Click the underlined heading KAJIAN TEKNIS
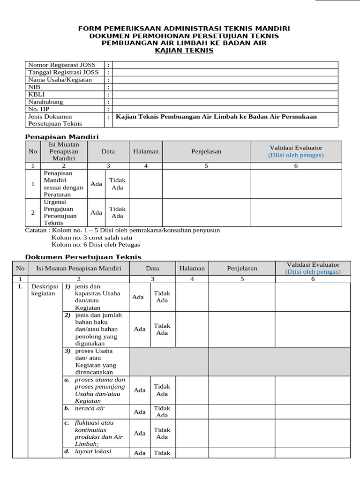coord(184,51)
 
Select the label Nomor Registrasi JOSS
coord(62,65)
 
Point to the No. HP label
coord(39,109)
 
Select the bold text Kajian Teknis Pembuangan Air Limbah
coord(216,117)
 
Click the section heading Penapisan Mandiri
coord(61,136)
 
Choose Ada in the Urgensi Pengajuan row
coord(96,212)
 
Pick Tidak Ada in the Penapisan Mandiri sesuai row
coord(117,184)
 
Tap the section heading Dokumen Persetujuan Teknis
coord(82,257)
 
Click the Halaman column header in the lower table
coord(192,269)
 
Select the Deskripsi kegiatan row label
coord(43,290)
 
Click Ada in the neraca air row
coord(140,412)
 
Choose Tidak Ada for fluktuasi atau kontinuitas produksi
coord(162,433)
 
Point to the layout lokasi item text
coord(93,451)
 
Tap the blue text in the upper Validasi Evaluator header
coord(296,155)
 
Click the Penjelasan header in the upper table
coord(206,151)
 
